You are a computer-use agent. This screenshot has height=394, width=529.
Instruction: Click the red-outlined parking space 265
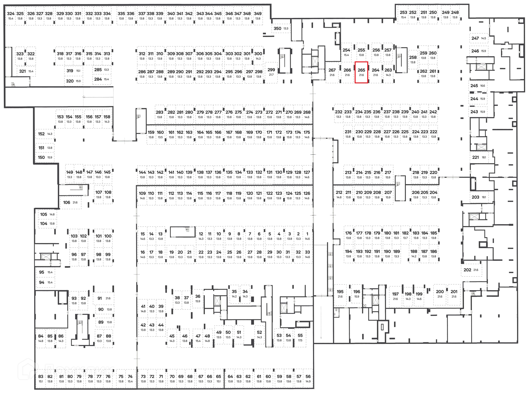point(361,72)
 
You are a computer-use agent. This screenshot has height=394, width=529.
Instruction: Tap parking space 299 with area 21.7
point(271,72)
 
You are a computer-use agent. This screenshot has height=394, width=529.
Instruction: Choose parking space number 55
point(300,337)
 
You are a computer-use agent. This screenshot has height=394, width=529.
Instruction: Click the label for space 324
point(11,13)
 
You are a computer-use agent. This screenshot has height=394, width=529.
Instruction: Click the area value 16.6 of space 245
point(482,86)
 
